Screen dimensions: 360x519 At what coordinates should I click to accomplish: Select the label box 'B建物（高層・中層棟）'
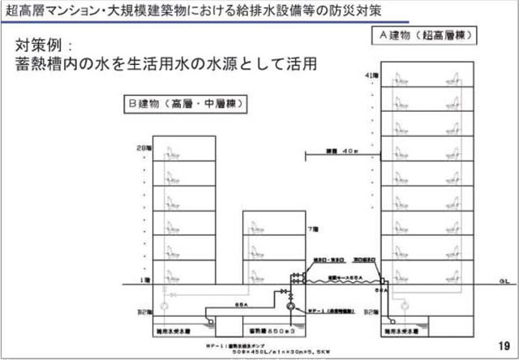pos(185,104)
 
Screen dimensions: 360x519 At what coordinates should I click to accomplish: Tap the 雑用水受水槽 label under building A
pos(422,331)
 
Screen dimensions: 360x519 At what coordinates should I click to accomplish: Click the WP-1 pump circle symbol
pos(290,310)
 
